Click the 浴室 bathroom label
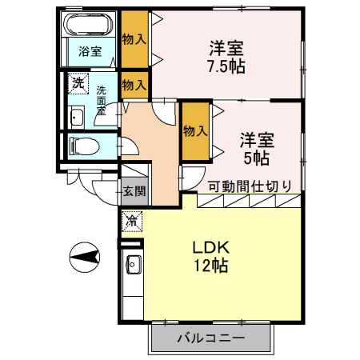[x=90, y=52]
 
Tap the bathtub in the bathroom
[x=90, y=25]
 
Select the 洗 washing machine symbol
[x=78, y=82]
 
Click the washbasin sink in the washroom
[x=78, y=118]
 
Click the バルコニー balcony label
[x=210, y=338]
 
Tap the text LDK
[x=210, y=247]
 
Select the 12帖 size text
[x=210, y=266]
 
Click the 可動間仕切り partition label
[x=249, y=186]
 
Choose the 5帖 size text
[x=256, y=158]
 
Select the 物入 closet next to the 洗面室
[x=134, y=84]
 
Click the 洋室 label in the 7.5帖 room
[x=226, y=46]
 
